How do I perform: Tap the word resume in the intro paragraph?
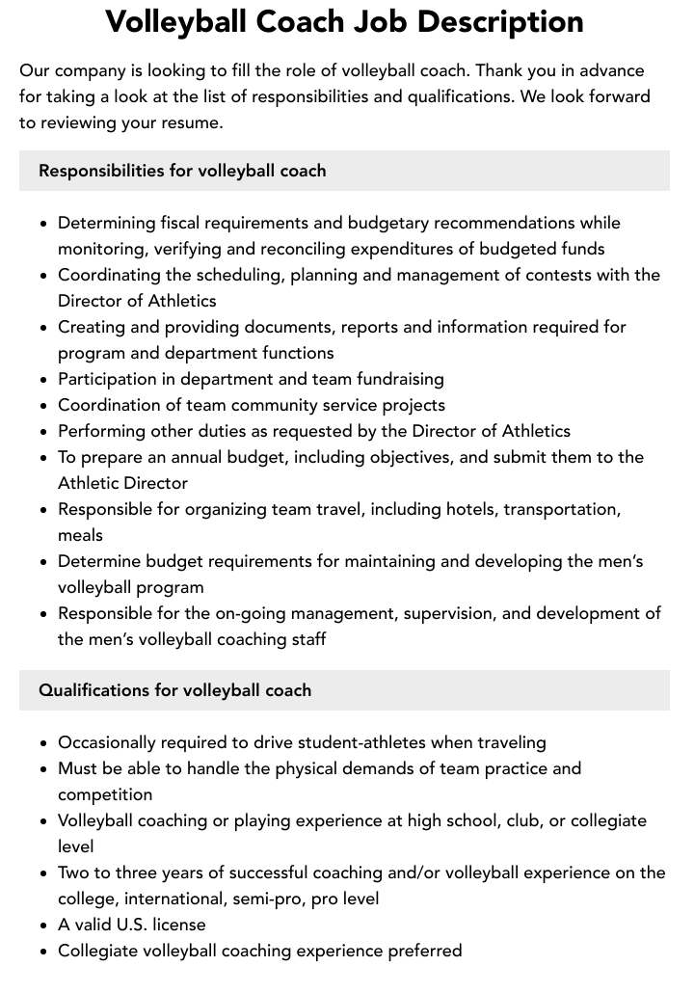pyautogui.click(x=193, y=122)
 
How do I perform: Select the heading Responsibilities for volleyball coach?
pyautogui.click(x=182, y=171)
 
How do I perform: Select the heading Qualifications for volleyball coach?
pyautogui.click(x=174, y=690)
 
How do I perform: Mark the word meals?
pyautogui.click(x=80, y=535)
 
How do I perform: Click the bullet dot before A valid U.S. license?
pyautogui.click(x=44, y=926)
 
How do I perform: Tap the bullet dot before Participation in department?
pyautogui.click(x=44, y=380)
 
